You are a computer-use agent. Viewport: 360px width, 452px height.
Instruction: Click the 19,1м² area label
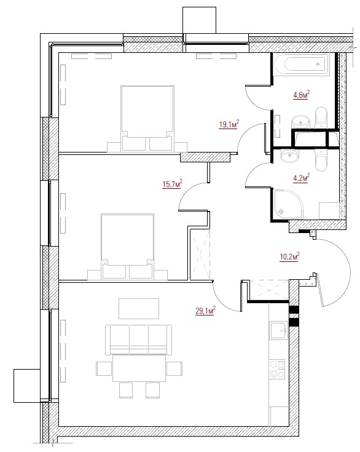pos(229,124)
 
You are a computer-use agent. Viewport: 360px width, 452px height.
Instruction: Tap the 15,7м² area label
pos(172,184)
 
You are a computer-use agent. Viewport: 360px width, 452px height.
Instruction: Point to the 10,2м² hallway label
pos(289,256)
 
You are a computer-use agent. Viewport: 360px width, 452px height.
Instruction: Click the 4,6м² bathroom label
pos(301,94)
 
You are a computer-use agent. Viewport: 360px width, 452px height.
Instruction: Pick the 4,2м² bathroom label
pos(301,177)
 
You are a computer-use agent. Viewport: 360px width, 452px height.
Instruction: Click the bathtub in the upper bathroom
pos(301,65)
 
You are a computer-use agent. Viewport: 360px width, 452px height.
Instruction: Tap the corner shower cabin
pos(288,204)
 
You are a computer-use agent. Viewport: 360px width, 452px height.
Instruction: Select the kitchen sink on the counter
pos(279,330)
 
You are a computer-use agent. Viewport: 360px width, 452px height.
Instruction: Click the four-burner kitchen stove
pos(277,369)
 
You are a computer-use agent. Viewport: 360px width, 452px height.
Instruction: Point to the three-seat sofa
pos(138,339)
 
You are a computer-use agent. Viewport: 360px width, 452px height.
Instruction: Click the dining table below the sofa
pos(139,368)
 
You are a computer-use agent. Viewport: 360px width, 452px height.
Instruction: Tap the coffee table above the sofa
pos(139,309)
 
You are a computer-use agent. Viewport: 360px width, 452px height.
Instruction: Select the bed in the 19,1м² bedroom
pos(147,118)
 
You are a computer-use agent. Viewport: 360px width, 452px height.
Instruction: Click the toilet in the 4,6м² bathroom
pos(321,117)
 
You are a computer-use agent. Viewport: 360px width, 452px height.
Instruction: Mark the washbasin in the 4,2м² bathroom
pos(289,156)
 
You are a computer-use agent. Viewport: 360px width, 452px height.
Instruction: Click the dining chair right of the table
pos(174,368)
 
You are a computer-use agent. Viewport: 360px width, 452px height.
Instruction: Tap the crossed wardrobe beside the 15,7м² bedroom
pos(200,253)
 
